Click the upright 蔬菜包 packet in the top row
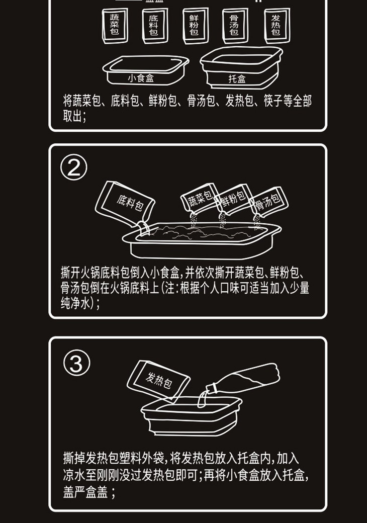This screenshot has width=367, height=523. pyautogui.click(x=115, y=26)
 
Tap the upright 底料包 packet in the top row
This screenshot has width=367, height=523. pyautogui.click(x=155, y=26)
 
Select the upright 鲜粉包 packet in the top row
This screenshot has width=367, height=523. pyautogui.click(x=196, y=26)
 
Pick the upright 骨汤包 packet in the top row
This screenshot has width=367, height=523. pyautogui.click(x=235, y=26)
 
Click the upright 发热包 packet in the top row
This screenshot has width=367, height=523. pyautogui.click(x=277, y=26)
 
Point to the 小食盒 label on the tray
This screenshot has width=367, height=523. pyautogui.click(x=141, y=78)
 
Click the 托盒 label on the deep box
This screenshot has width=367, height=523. pyautogui.click(x=237, y=79)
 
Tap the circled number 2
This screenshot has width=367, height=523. pyautogui.click(x=74, y=167)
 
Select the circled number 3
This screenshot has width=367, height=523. pyautogui.click(x=76, y=363)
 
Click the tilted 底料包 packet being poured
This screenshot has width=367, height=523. pyautogui.click(x=125, y=203)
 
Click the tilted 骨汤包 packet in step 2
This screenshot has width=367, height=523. pyautogui.click(x=268, y=202)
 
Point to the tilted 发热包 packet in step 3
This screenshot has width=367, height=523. pyautogui.click(x=158, y=380)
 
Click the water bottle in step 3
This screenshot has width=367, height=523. pyautogui.click(x=243, y=380)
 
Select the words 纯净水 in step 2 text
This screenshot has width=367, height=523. pyautogui.click(x=75, y=304)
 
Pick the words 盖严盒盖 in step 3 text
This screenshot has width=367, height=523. pyautogui.click(x=85, y=492)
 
